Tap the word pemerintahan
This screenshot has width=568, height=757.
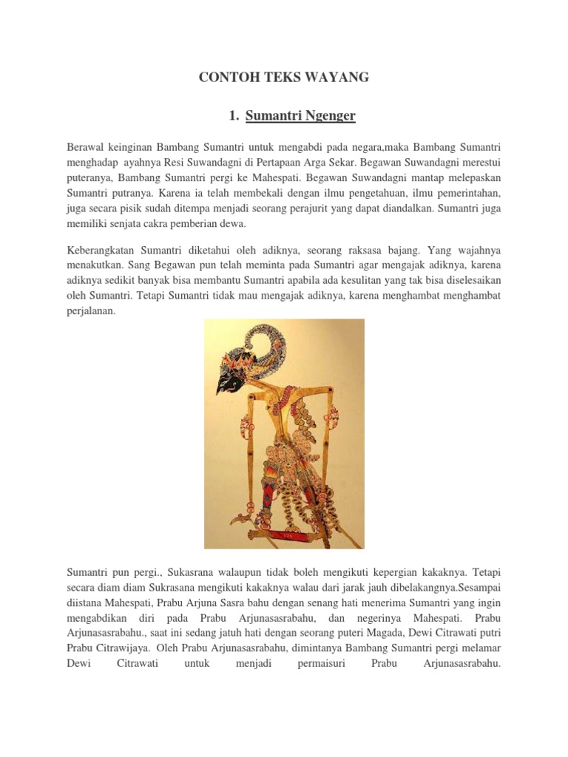[x=467, y=193]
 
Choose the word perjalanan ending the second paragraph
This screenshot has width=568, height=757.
[x=92, y=311]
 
